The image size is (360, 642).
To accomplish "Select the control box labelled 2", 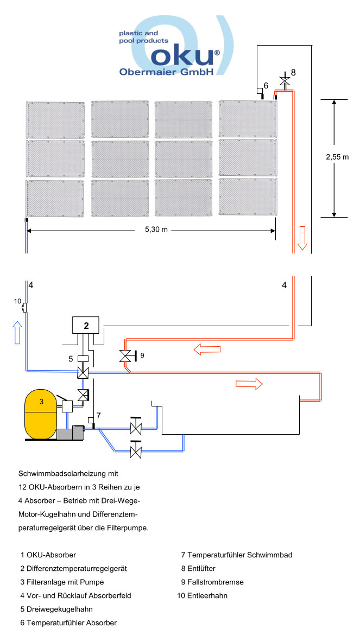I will pyautogui.click(x=86, y=326).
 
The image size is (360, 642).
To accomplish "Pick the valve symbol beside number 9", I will pyautogui.click(x=125, y=356).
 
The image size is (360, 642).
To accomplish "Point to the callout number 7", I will pyautogui.click(x=98, y=415).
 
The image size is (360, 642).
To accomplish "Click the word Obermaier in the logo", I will pyautogui.click(x=143, y=72).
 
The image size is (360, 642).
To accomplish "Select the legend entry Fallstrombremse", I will pyautogui.click(x=214, y=582).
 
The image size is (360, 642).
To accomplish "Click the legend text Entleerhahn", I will pyautogui.click(x=207, y=595).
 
